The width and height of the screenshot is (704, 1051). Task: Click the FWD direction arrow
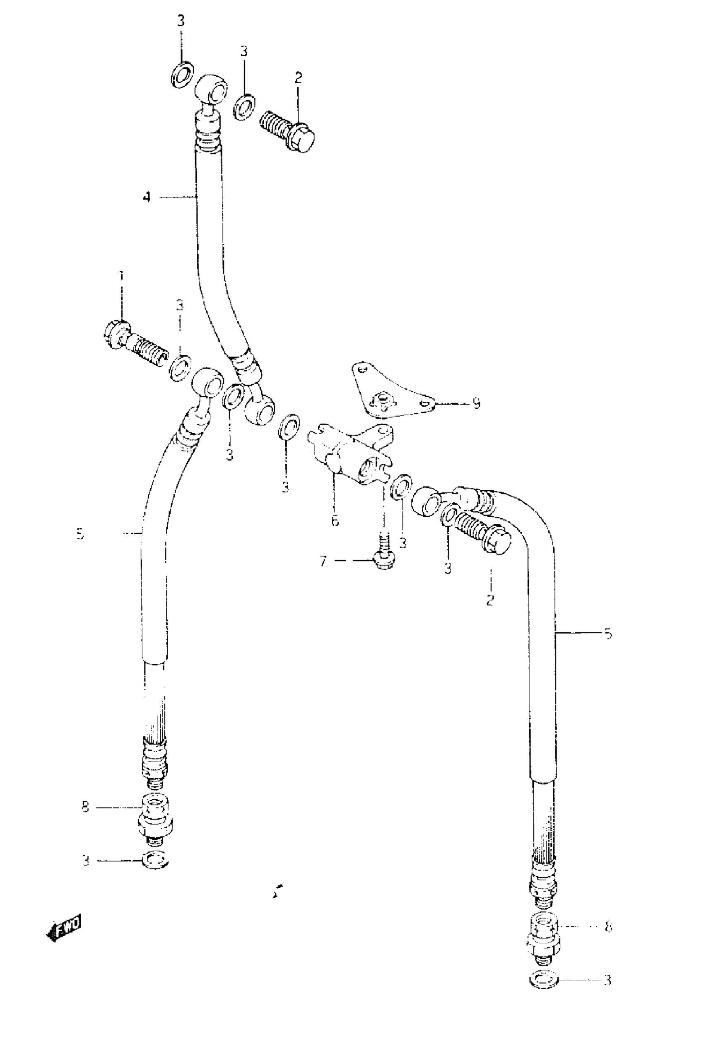pos(64,927)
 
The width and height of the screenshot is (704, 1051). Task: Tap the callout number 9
pos(476,403)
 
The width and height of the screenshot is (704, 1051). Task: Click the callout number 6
pos(335,521)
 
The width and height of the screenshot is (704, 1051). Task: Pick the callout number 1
pos(121,275)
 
